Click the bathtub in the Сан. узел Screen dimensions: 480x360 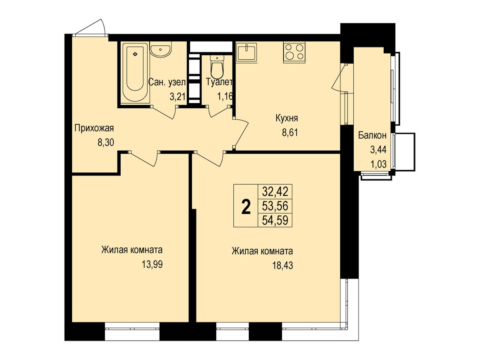135,72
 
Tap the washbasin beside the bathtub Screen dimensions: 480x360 160,50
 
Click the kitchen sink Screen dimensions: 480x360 247,52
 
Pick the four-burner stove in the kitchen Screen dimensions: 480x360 294,52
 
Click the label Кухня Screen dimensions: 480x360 287,118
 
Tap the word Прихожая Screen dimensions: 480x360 94,128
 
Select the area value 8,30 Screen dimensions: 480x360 106,143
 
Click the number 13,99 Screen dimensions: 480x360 152,265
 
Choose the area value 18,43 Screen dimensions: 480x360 283,266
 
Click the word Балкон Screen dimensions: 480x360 372,136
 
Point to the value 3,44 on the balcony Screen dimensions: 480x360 378,150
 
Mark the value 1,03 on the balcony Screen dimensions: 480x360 378,164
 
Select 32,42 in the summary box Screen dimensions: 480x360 275,192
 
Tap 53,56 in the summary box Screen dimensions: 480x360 275,206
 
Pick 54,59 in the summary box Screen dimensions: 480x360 275,220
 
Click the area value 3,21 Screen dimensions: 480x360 178,96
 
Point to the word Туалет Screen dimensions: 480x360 219,82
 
